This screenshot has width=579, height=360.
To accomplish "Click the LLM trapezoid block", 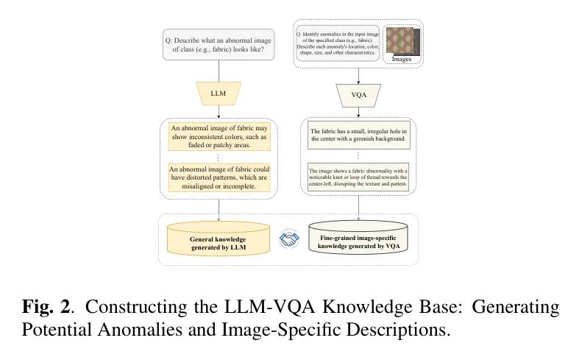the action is click(x=219, y=93).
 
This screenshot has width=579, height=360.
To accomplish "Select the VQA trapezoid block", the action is click(x=358, y=96).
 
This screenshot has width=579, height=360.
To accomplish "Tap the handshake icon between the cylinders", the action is click(x=289, y=239).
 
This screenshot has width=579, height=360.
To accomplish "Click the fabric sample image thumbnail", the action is click(x=403, y=40).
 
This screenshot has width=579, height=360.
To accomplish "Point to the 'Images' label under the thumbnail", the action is click(x=402, y=59).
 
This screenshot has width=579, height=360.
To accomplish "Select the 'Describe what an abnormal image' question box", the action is click(x=219, y=45).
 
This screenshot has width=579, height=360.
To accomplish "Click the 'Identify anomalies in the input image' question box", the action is click(x=338, y=43).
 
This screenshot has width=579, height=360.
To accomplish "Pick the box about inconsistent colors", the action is click(x=219, y=137).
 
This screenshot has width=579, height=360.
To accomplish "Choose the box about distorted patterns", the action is click(x=219, y=177).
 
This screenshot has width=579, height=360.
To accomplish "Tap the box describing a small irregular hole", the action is click(x=358, y=135).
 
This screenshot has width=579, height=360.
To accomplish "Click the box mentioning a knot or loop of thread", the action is click(x=358, y=177).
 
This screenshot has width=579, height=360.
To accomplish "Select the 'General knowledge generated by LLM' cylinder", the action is click(x=219, y=239).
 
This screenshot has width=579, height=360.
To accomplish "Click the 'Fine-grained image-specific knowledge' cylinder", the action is click(x=358, y=238).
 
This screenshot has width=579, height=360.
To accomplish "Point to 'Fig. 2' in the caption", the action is click(x=46, y=307).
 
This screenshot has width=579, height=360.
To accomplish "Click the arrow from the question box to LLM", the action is click(x=219, y=71).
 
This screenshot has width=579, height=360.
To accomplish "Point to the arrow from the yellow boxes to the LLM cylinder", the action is click(x=219, y=211).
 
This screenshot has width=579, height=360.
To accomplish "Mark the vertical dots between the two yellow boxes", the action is click(x=219, y=158).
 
